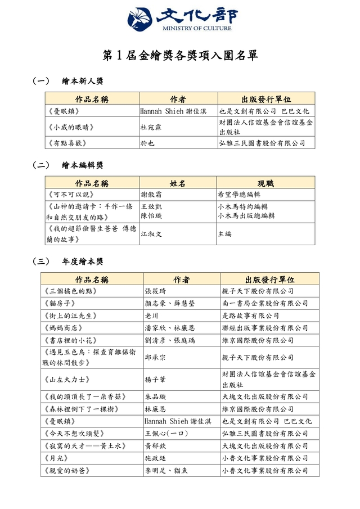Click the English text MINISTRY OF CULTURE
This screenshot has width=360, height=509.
(196, 28)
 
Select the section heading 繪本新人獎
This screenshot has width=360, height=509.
(82, 82)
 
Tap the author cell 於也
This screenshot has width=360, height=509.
(147, 143)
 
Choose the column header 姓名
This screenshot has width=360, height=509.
(178, 183)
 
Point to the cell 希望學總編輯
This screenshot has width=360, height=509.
(242, 194)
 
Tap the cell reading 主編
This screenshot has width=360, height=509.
(224, 233)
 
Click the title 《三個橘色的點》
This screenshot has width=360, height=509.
(70, 291)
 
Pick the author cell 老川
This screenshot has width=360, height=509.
(151, 316)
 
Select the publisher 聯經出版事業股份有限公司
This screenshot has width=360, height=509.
(265, 328)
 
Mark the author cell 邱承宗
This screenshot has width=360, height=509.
(155, 357)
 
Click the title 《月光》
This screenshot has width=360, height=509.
(55, 458)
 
